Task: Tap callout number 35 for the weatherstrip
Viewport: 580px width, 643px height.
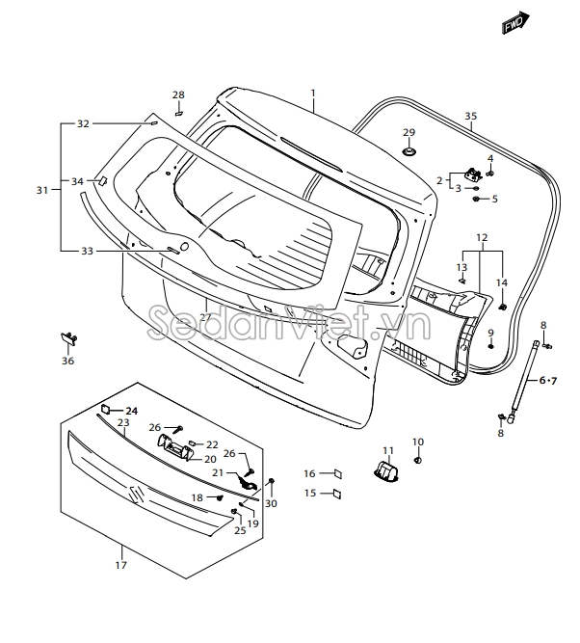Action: point(470,117)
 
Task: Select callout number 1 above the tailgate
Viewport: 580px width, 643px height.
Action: point(313,94)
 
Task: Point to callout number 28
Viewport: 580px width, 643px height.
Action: point(178,94)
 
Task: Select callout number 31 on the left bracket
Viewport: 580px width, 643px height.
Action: point(41,190)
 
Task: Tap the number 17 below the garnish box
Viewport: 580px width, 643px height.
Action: point(121,565)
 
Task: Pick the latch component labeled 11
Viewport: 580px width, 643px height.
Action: point(385,471)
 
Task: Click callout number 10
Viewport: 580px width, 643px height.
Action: point(418,442)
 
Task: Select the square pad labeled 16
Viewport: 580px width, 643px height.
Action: point(337,473)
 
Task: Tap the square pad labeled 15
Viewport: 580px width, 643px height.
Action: point(337,494)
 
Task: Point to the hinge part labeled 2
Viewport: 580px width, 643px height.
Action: point(473,174)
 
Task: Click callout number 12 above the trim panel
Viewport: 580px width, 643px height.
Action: point(482,237)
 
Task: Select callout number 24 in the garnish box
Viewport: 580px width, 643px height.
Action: point(132,411)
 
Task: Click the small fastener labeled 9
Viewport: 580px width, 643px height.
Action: point(490,345)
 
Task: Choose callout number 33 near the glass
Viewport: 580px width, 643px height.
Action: point(87,251)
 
